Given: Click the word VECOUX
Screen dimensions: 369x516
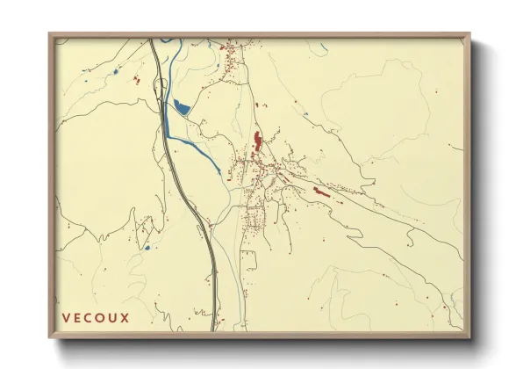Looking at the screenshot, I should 95,317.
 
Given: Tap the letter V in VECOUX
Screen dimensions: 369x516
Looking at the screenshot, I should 66,317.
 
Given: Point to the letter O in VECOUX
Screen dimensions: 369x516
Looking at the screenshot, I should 100,317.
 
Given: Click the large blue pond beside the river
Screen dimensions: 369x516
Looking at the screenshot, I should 182,108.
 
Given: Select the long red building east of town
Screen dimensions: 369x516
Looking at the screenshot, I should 321,192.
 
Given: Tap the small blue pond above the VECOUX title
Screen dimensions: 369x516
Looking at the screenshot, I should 147,248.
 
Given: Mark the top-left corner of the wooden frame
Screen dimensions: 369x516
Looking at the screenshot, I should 50,34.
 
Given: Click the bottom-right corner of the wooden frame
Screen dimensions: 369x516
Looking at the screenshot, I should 469,336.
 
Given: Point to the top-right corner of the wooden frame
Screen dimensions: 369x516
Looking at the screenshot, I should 469,34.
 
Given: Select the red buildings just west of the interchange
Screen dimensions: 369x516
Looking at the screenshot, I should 136,81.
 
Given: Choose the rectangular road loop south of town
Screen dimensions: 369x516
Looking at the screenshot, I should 249,260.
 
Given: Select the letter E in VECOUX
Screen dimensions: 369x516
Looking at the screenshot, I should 77,317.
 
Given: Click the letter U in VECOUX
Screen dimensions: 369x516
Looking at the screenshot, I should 112,317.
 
